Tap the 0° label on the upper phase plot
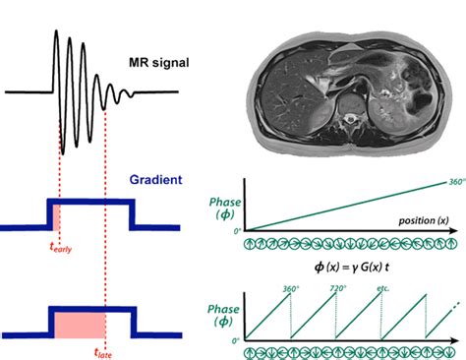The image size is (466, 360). [236, 231]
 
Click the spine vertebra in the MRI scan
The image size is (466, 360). [347, 110]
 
